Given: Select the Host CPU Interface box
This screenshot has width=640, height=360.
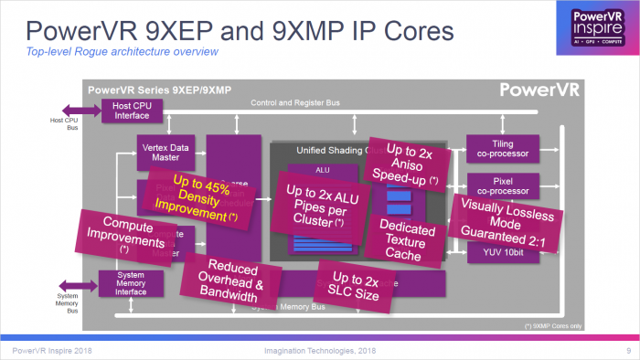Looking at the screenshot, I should click(x=138, y=110).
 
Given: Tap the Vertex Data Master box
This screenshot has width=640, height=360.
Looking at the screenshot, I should click(x=166, y=152).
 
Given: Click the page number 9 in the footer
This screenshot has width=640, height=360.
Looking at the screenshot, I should click(x=629, y=351).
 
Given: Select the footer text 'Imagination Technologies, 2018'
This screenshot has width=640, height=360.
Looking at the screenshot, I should click(x=320, y=351).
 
